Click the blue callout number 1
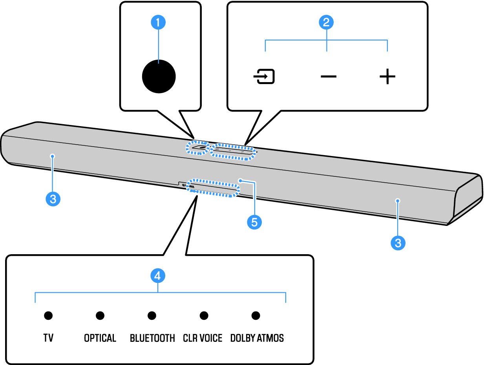[x=158, y=22]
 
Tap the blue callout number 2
[x=326, y=22]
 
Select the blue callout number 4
[x=158, y=276]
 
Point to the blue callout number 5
[x=254, y=222]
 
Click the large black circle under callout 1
[x=159, y=76]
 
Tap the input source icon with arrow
[x=264, y=76]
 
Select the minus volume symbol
[x=329, y=77]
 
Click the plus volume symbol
[x=387, y=76]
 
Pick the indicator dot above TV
[x=48, y=315]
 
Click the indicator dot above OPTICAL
[x=100, y=315]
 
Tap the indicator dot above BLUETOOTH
[x=152, y=315]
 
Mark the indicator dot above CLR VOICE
[x=204, y=315]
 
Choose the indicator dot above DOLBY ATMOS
[x=256, y=315]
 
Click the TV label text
[x=48, y=338]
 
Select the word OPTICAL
[x=100, y=338]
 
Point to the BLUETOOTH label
[x=152, y=338]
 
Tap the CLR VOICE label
[x=203, y=338]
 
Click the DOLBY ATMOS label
[x=257, y=338]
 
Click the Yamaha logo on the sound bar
[x=188, y=186]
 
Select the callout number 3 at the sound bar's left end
[x=53, y=199]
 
